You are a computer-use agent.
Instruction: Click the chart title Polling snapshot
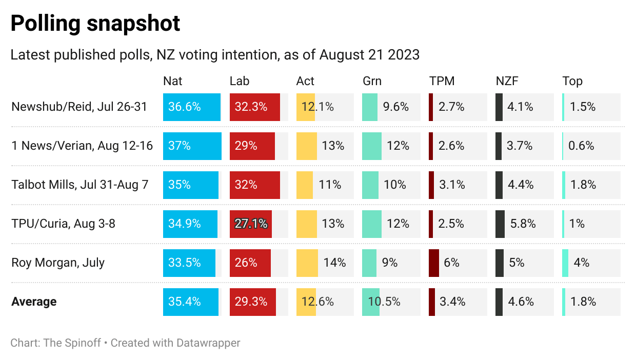(95, 24)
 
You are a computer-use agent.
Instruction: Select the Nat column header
(172, 81)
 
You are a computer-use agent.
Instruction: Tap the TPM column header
(442, 81)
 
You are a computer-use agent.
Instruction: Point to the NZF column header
(508, 81)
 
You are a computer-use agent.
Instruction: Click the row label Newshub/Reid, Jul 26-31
(79, 107)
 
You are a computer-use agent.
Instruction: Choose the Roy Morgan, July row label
(58, 263)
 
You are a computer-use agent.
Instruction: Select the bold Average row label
(34, 302)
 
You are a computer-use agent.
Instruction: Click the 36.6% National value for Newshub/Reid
(184, 107)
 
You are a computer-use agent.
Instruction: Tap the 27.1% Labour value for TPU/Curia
(251, 224)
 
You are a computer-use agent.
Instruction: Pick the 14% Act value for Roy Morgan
(334, 263)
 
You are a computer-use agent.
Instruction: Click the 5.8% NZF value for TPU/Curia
(523, 224)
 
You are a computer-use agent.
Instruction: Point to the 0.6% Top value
(581, 146)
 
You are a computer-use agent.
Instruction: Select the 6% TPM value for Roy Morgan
(451, 263)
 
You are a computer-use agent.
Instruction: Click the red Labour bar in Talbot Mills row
(255, 185)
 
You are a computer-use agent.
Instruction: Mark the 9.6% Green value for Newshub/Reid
(396, 107)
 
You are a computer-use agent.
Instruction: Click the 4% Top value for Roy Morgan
(581, 263)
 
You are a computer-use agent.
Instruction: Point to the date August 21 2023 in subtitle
(369, 55)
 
